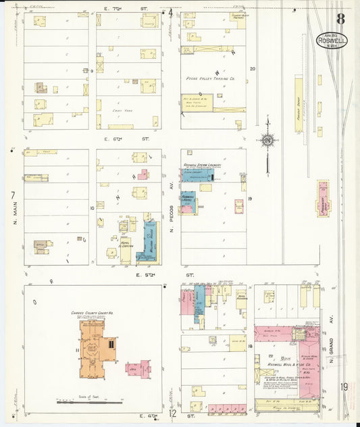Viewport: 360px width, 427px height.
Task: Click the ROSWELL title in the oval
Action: (x=332, y=41)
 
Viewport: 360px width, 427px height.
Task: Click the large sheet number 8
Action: (x=340, y=19)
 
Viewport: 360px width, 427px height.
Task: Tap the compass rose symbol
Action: (x=267, y=140)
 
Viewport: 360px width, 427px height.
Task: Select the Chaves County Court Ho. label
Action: (x=93, y=312)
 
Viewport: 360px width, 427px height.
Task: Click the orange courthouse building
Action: (x=95, y=345)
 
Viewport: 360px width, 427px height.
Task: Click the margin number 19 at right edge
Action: (x=344, y=386)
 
